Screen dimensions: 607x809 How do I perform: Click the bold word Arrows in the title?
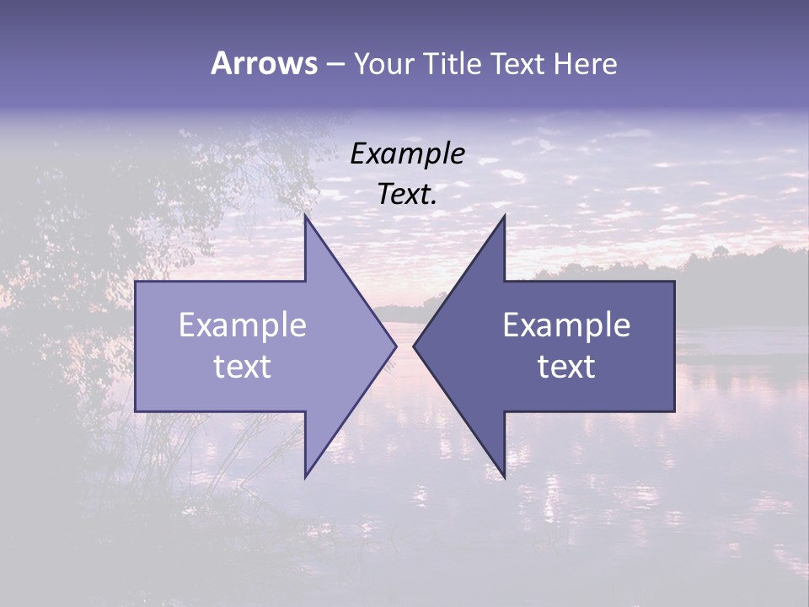click(264, 63)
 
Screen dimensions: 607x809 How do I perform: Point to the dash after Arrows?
click(335, 64)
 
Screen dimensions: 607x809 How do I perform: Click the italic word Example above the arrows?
click(408, 154)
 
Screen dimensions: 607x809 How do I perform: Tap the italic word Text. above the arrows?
click(408, 195)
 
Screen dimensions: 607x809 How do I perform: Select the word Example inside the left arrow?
click(243, 325)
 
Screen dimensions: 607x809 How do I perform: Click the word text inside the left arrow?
click(243, 367)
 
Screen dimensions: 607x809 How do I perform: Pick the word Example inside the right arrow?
click(566, 325)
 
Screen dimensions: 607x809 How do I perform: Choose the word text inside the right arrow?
click(566, 367)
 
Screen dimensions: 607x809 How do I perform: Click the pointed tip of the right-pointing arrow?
click(396, 346)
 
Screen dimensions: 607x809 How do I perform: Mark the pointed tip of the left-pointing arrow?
click(413, 346)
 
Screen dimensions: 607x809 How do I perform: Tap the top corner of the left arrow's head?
click(305, 216)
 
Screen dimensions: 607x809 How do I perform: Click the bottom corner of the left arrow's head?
click(305, 477)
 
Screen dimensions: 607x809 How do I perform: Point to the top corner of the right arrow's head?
click(505, 216)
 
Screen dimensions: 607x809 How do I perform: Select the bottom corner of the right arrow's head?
click(505, 477)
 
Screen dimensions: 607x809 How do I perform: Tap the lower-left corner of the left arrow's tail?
click(136, 411)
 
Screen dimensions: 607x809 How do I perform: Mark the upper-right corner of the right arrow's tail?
click(674, 282)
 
